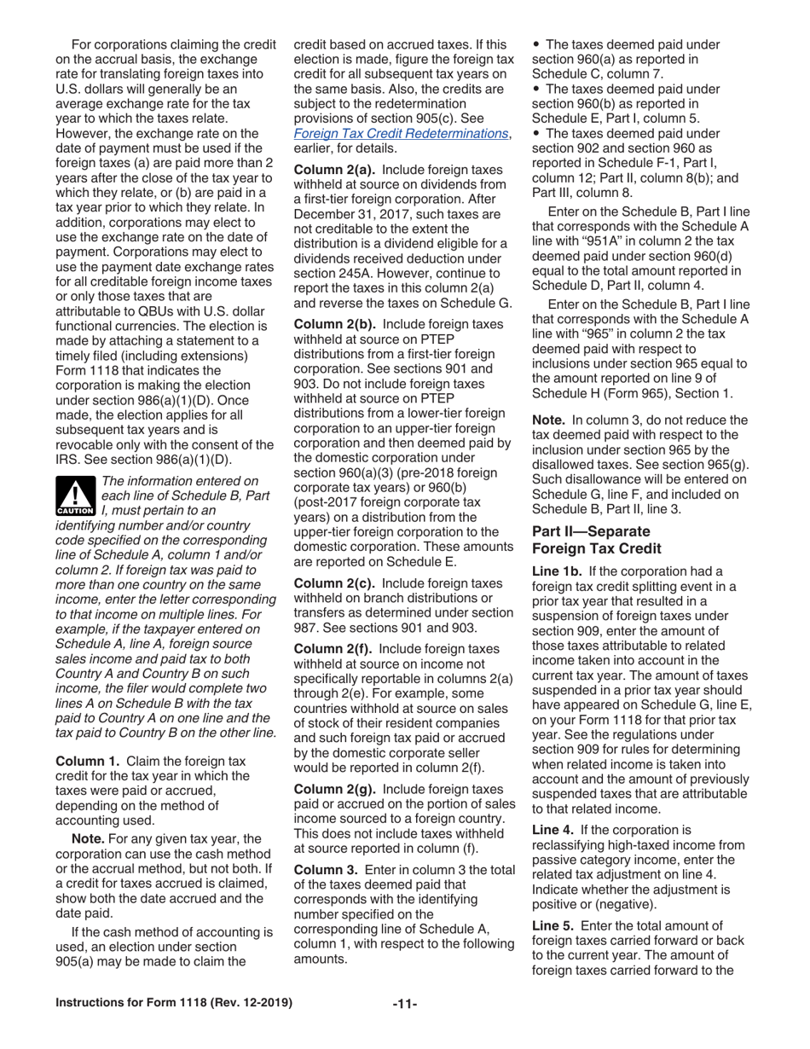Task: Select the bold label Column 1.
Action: (87, 760)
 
